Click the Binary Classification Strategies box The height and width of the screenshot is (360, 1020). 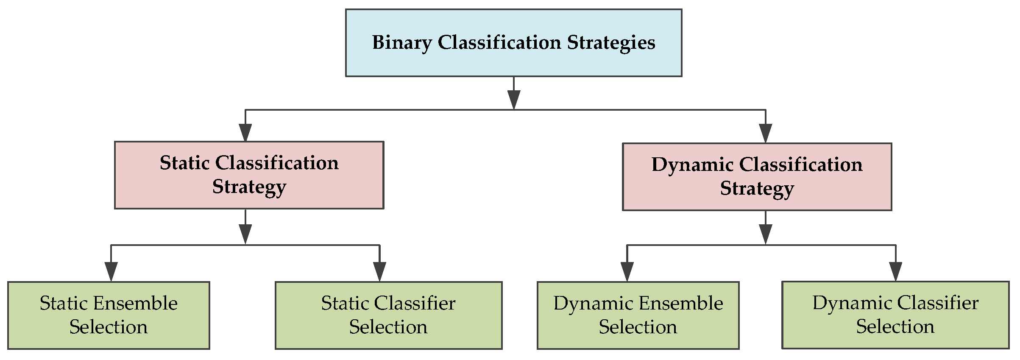(513, 43)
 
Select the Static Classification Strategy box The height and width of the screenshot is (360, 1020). (249, 175)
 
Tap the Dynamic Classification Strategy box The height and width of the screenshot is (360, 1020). (757, 177)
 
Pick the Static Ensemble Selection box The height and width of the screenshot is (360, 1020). (109, 315)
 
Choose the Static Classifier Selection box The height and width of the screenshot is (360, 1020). (388, 315)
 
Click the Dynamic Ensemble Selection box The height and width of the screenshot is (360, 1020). (638, 315)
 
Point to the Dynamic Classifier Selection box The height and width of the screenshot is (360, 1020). (895, 315)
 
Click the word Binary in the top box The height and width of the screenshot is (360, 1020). (402, 43)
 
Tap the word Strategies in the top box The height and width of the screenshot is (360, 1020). (611, 43)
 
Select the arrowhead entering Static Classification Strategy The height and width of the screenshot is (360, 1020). (245, 132)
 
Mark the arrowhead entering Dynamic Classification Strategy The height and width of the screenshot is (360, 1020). (765, 133)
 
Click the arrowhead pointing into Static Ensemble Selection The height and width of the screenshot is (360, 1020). (111, 271)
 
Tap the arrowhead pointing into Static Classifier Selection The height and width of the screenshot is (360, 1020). (379, 271)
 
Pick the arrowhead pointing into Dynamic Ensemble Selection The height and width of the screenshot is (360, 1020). (627, 271)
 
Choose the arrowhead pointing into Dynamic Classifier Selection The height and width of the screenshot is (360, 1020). (895, 271)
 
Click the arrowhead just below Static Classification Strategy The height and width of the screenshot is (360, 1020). (245, 234)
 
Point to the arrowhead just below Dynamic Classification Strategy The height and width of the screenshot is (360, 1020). (765, 234)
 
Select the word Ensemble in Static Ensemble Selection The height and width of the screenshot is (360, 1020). (135, 304)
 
